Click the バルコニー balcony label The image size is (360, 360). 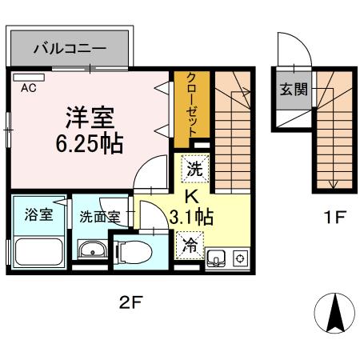click(69, 49)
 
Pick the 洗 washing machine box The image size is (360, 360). click(194, 168)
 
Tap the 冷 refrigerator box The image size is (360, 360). click(191, 242)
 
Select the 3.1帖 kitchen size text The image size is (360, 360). click(192, 216)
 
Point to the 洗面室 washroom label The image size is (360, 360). click(99, 216)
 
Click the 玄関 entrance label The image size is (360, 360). click(293, 89)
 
